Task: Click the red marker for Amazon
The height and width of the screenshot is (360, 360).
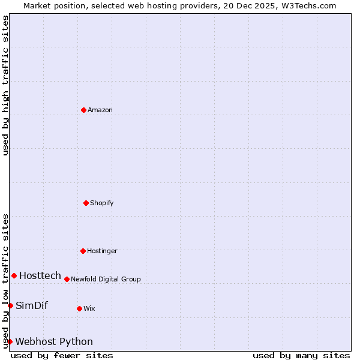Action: (84, 110)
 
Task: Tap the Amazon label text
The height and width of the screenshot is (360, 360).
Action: (100, 110)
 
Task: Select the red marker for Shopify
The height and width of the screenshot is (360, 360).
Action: (86, 203)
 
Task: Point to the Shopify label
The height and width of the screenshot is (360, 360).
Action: (102, 203)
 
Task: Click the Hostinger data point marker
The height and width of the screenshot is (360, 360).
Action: (83, 251)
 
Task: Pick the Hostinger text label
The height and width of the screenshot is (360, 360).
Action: (102, 251)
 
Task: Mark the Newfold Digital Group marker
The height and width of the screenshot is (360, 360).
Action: (67, 279)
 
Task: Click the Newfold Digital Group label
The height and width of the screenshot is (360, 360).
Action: (106, 279)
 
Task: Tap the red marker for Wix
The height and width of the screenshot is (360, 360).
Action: (79, 308)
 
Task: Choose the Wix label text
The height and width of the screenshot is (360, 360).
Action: (89, 308)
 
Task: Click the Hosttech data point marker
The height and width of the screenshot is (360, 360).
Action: (14, 275)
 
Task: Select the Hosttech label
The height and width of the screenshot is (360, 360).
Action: (40, 275)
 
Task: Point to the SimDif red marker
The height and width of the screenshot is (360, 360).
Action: (10, 305)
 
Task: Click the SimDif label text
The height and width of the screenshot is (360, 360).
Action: (32, 305)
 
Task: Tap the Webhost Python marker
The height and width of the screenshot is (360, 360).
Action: (10, 341)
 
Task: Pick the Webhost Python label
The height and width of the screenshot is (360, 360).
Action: (54, 341)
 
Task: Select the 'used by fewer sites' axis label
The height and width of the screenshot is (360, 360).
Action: (62, 355)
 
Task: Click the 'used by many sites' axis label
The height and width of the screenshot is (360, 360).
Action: (301, 355)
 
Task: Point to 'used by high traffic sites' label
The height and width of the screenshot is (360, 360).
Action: (6, 85)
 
